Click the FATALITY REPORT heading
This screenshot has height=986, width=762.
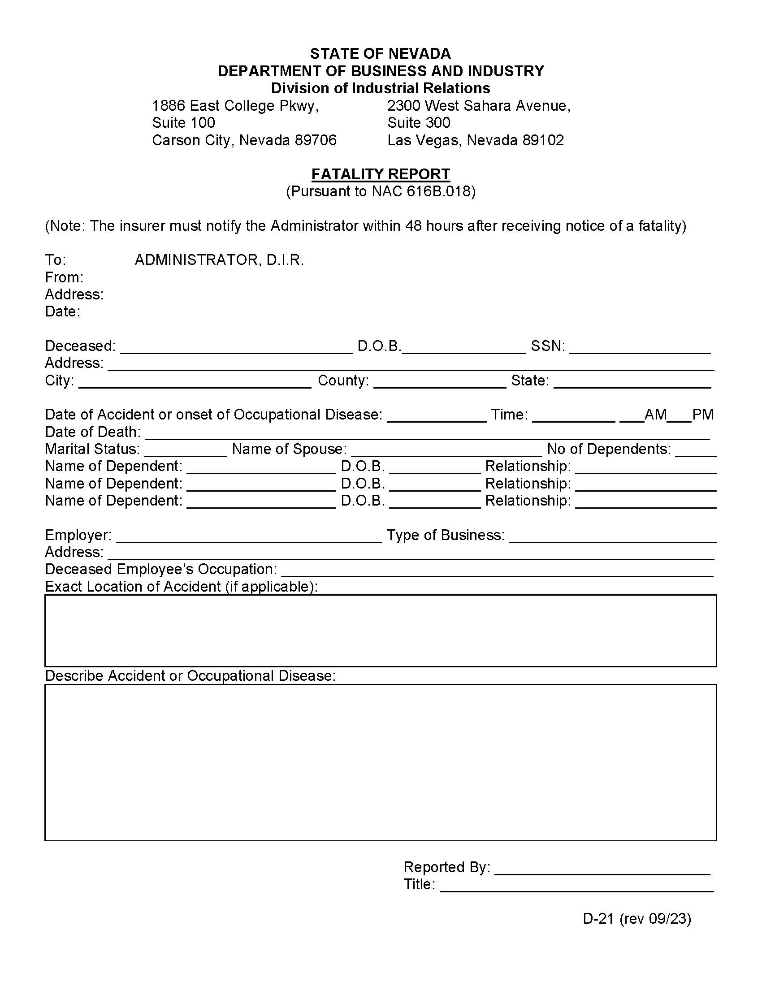pyautogui.click(x=381, y=174)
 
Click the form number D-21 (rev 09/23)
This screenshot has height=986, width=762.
pyautogui.click(x=636, y=919)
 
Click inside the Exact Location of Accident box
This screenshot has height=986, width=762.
pyautogui.click(x=381, y=631)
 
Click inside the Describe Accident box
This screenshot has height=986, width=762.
pyautogui.click(x=381, y=762)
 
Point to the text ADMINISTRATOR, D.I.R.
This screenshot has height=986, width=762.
pyautogui.click(x=219, y=260)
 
